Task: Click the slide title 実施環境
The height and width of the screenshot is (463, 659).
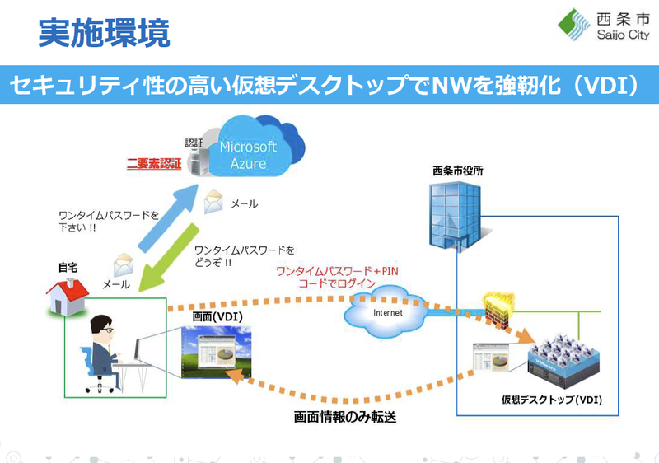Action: click(x=104, y=33)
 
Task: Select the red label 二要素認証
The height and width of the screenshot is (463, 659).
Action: click(x=153, y=163)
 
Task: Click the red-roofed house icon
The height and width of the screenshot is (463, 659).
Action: click(x=68, y=295)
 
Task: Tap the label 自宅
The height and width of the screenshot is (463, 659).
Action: click(x=68, y=268)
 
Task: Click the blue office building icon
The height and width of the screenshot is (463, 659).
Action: click(x=451, y=214)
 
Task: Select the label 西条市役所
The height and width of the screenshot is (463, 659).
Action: click(x=457, y=171)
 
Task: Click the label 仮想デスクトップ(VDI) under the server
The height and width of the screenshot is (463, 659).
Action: click(x=551, y=400)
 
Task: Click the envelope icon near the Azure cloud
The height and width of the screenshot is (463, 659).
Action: click(x=214, y=199)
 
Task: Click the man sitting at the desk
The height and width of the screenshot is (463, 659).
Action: click(x=106, y=350)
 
